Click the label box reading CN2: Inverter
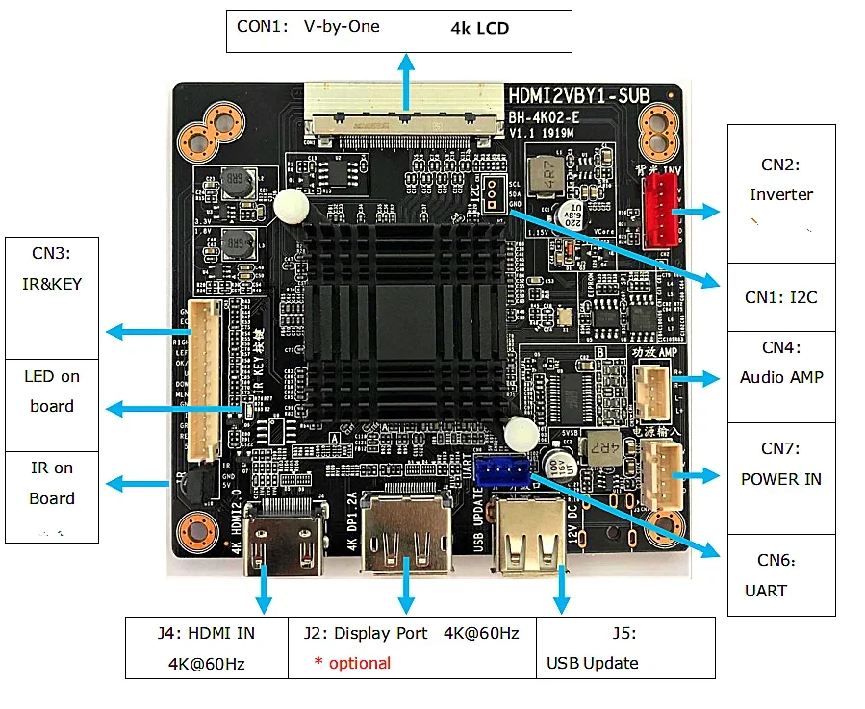pyautogui.click(x=781, y=193)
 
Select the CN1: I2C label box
pyautogui.click(x=781, y=297)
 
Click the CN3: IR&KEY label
pyautogui.click(x=52, y=269)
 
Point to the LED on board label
pyautogui.click(x=52, y=392)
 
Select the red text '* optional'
pyautogui.click(x=352, y=663)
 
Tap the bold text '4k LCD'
pyautogui.click(x=479, y=28)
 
